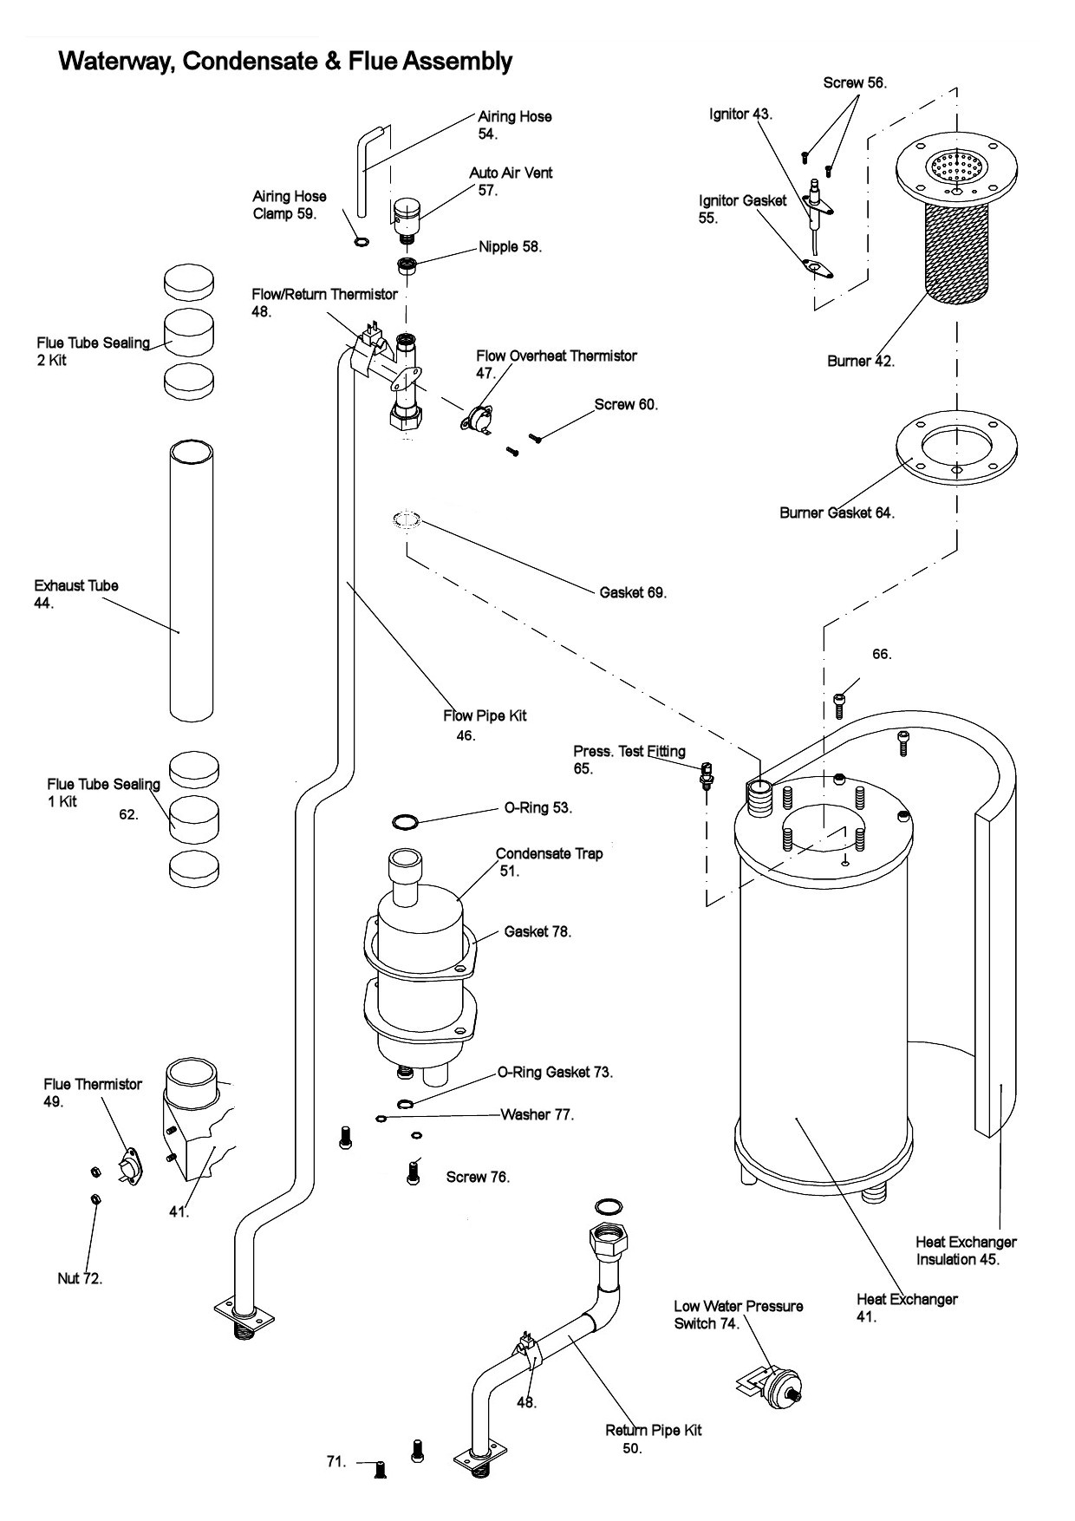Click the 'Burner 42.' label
tap(861, 361)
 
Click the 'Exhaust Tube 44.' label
tap(76, 594)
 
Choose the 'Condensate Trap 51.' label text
tap(549, 862)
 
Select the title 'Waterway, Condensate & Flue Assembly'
tap(285, 62)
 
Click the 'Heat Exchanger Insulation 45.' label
tap(966, 1250)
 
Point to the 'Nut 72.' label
tap(80, 1278)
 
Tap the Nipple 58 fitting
tap(406, 265)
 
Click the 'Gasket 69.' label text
tap(633, 592)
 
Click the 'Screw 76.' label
tap(478, 1177)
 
